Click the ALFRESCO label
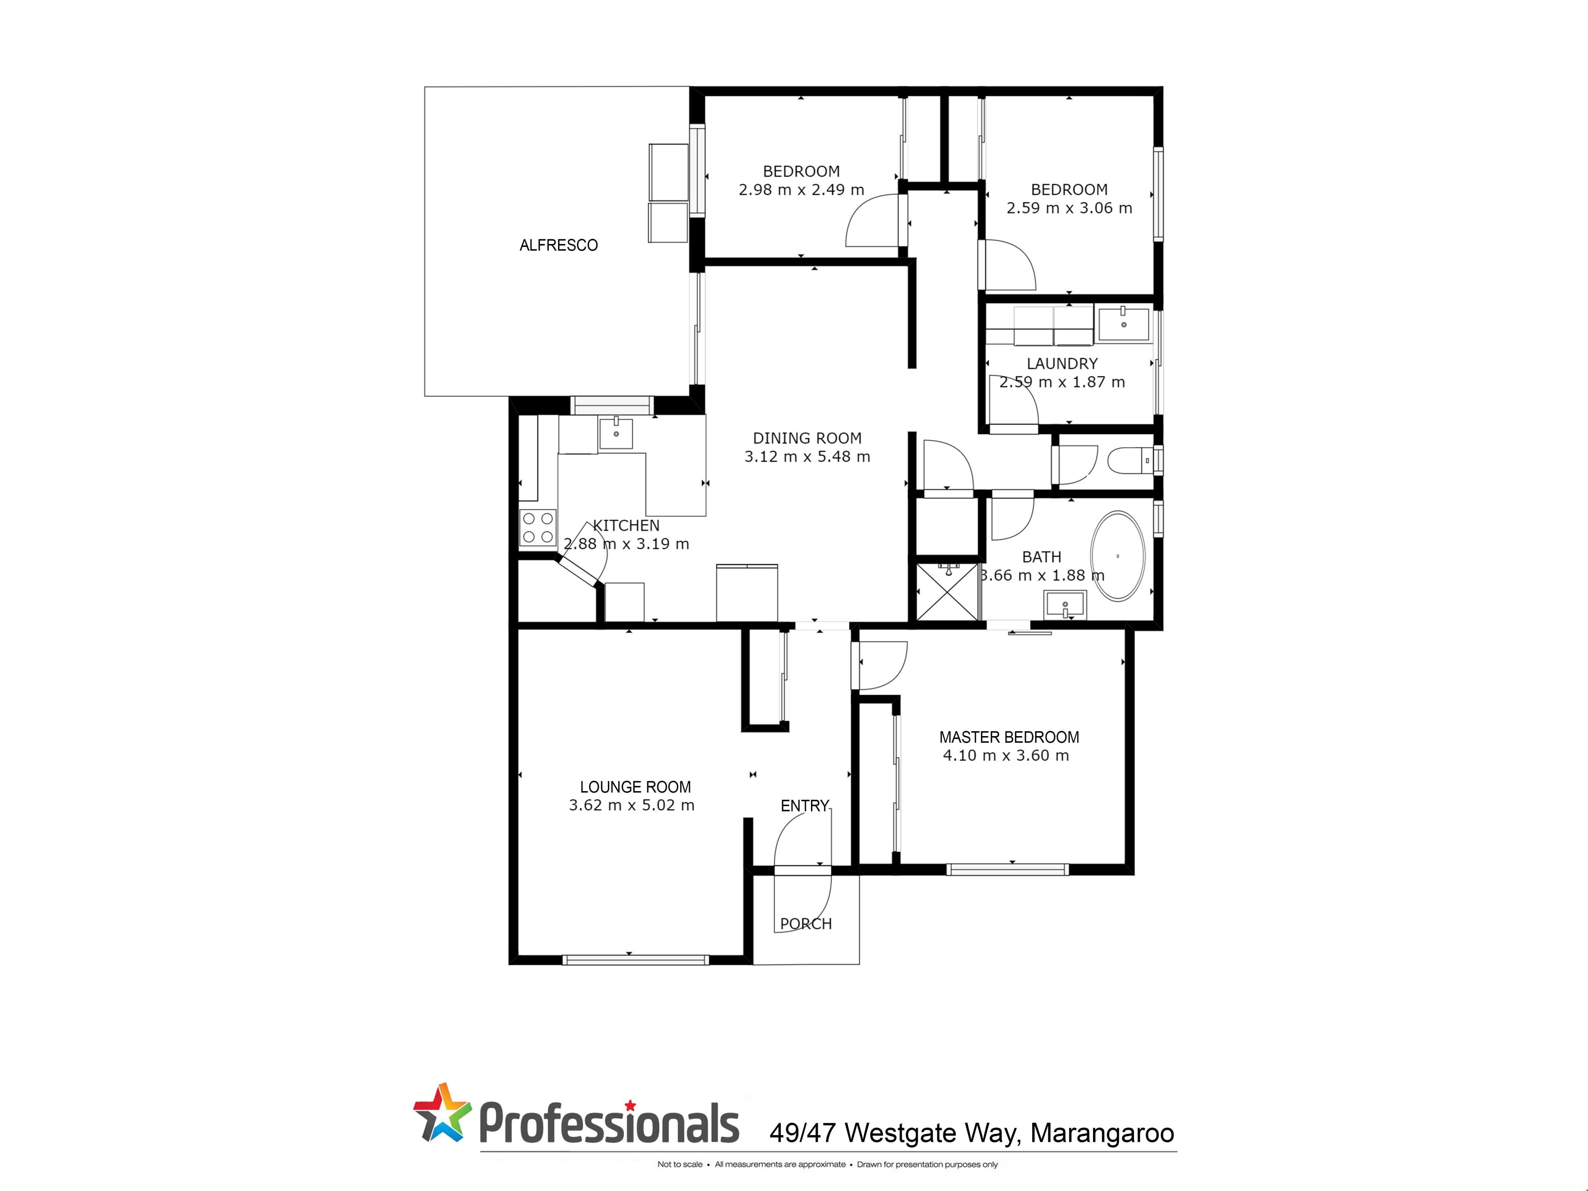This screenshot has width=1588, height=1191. tap(559, 246)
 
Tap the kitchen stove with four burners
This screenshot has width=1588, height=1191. tap(538, 528)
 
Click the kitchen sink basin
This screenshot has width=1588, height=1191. tap(616, 434)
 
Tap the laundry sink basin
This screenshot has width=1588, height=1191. tap(1124, 325)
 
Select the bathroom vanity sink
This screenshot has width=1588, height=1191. tap(1065, 605)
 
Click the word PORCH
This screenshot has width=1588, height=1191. tap(806, 924)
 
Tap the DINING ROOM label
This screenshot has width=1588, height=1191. tap(807, 438)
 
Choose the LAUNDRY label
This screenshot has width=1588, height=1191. tap(1062, 364)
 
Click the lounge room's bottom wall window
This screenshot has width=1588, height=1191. tap(635, 960)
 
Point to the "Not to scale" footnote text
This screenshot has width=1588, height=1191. tap(680, 1165)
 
